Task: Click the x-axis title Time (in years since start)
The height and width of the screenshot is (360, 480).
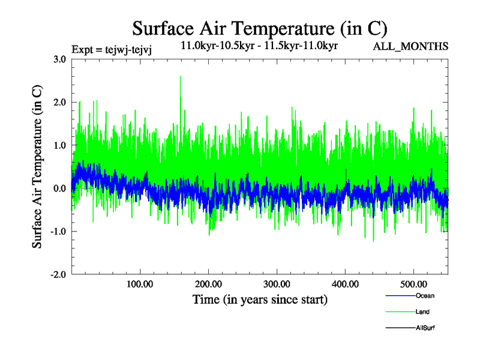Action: click(260, 299)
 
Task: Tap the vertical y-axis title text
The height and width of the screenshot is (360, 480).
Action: click(37, 167)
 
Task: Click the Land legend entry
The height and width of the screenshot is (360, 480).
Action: click(422, 312)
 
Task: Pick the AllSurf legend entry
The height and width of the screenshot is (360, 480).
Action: click(424, 328)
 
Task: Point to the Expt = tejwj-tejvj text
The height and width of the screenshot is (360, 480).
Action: click(111, 50)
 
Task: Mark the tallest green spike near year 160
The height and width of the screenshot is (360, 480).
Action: click(180, 77)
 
